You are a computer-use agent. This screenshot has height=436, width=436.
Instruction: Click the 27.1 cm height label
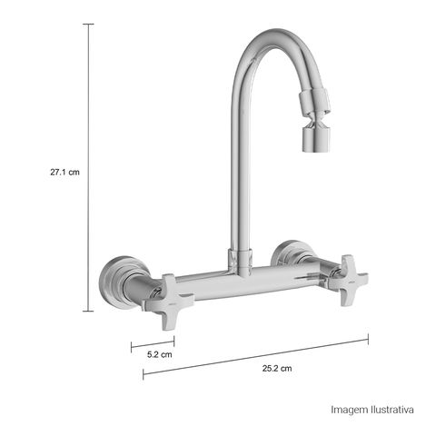(x=64, y=173)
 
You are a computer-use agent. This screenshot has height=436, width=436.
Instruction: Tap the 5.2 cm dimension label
(x=160, y=354)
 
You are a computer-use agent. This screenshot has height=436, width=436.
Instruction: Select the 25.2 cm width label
(x=277, y=369)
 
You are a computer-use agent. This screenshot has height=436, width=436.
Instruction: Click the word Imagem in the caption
(x=349, y=410)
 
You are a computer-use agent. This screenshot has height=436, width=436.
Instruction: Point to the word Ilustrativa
(x=392, y=410)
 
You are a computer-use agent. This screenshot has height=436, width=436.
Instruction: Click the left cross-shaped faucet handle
(x=168, y=302)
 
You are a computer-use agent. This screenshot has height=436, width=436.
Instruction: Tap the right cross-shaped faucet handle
(x=348, y=280)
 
